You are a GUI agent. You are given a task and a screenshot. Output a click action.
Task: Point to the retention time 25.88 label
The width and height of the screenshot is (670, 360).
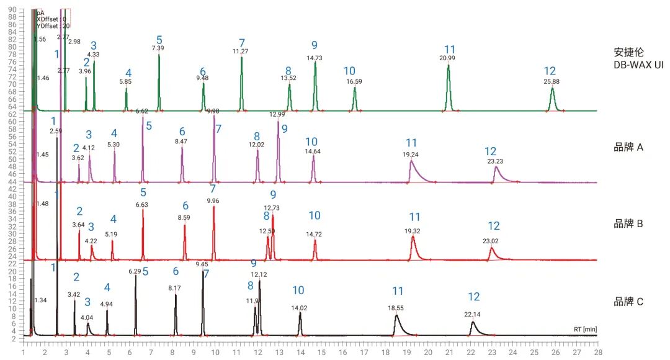[552, 81]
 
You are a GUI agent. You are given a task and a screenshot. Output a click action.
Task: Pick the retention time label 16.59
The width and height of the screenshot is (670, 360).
[354, 81]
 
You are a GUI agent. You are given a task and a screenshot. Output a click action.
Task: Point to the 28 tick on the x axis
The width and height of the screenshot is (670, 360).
[597, 351]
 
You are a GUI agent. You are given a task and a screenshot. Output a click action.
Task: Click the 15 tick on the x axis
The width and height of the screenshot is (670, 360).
[321, 351]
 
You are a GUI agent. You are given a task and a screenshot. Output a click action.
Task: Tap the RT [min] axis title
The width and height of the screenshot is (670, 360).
[584, 329]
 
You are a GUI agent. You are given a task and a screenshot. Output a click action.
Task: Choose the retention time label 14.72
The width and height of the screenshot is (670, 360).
[315, 234]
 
